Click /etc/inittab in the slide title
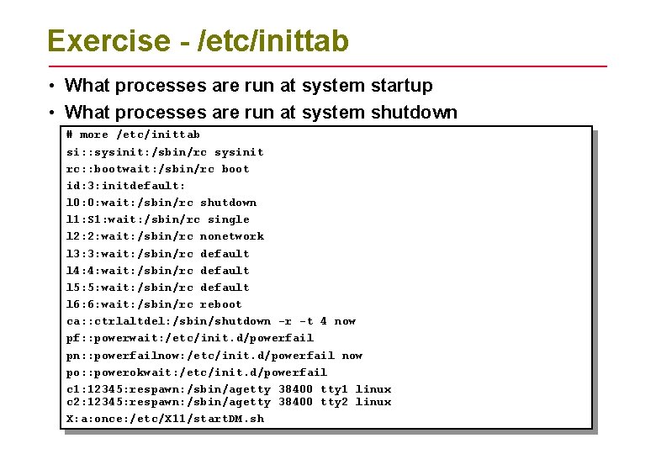(272, 41)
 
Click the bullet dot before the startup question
(52, 86)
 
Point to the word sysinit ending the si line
(239, 152)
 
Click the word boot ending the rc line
(235, 169)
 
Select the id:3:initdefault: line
(126, 186)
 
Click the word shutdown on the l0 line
(228, 203)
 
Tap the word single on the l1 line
(228, 219)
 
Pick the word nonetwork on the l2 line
(232, 236)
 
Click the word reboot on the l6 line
(221, 304)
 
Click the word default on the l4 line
(225, 271)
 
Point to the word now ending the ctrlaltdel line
(345, 321)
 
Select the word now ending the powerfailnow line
(352, 356)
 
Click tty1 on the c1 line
(334, 389)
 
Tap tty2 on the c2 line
(334, 402)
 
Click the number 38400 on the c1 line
(295, 389)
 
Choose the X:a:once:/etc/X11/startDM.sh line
(165, 419)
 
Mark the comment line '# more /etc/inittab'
(133, 135)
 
